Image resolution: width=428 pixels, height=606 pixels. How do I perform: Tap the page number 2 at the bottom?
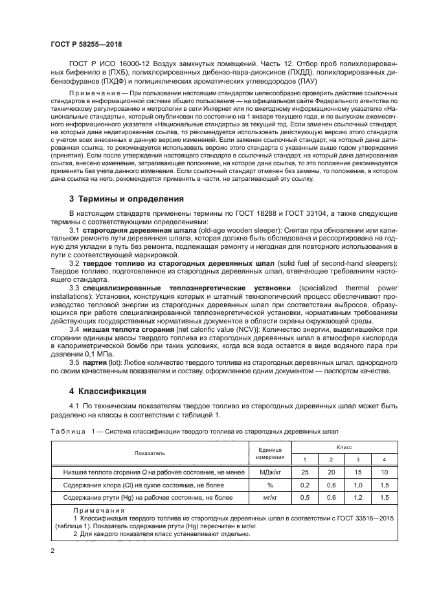(52, 550)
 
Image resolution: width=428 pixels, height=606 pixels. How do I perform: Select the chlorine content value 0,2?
(306, 485)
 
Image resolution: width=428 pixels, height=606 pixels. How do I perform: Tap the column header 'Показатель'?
(150, 453)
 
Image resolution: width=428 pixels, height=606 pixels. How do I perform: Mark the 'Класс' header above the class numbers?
(344, 447)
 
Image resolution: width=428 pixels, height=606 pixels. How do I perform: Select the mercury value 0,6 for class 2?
(332, 497)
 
